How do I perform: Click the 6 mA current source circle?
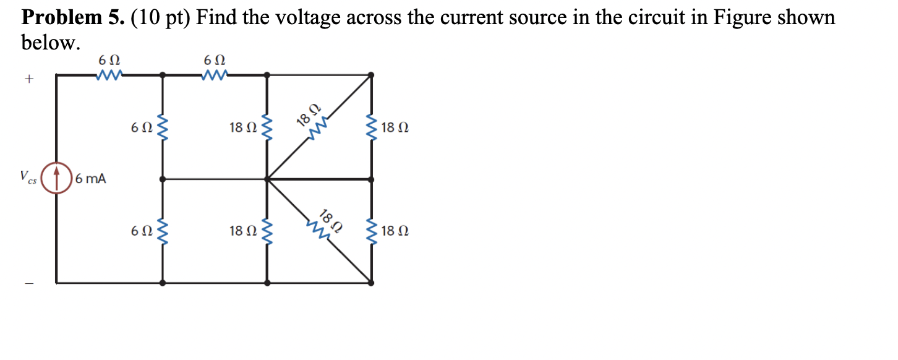pyautogui.click(x=57, y=179)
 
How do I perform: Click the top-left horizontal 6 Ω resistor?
pyautogui.click(x=109, y=75)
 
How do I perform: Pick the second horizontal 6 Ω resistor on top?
pyautogui.click(x=215, y=75)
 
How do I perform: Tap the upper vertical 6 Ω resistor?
pyautogui.click(x=163, y=127)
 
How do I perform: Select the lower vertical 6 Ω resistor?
pyautogui.click(x=163, y=231)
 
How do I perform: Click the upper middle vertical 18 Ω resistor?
pyautogui.click(x=267, y=127)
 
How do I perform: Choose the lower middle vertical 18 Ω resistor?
pyautogui.click(x=267, y=231)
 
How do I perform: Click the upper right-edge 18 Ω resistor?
pyautogui.click(x=372, y=127)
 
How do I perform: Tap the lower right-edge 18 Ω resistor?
pyautogui.click(x=372, y=231)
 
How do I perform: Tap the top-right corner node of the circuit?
pyautogui.click(x=371, y=75)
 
